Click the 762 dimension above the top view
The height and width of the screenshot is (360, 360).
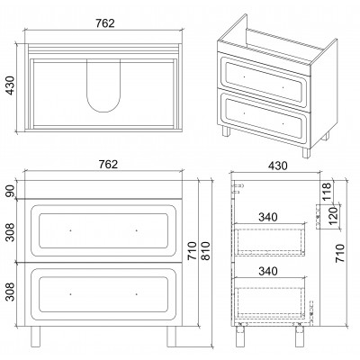(105, 23)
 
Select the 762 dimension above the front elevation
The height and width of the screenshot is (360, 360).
(108, 164)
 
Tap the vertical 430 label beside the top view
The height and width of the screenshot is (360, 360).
(10, 85)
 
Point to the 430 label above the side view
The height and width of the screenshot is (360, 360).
(277, 166)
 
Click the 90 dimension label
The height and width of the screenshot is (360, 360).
(10, 191)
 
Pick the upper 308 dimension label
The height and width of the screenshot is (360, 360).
(10, 232)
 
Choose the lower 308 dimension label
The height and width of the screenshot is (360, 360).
(10, 292)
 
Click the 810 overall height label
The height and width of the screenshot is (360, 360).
(206, 250)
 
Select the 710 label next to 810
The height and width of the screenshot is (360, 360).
(193, 250)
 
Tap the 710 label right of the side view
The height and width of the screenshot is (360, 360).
(340, 254)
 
